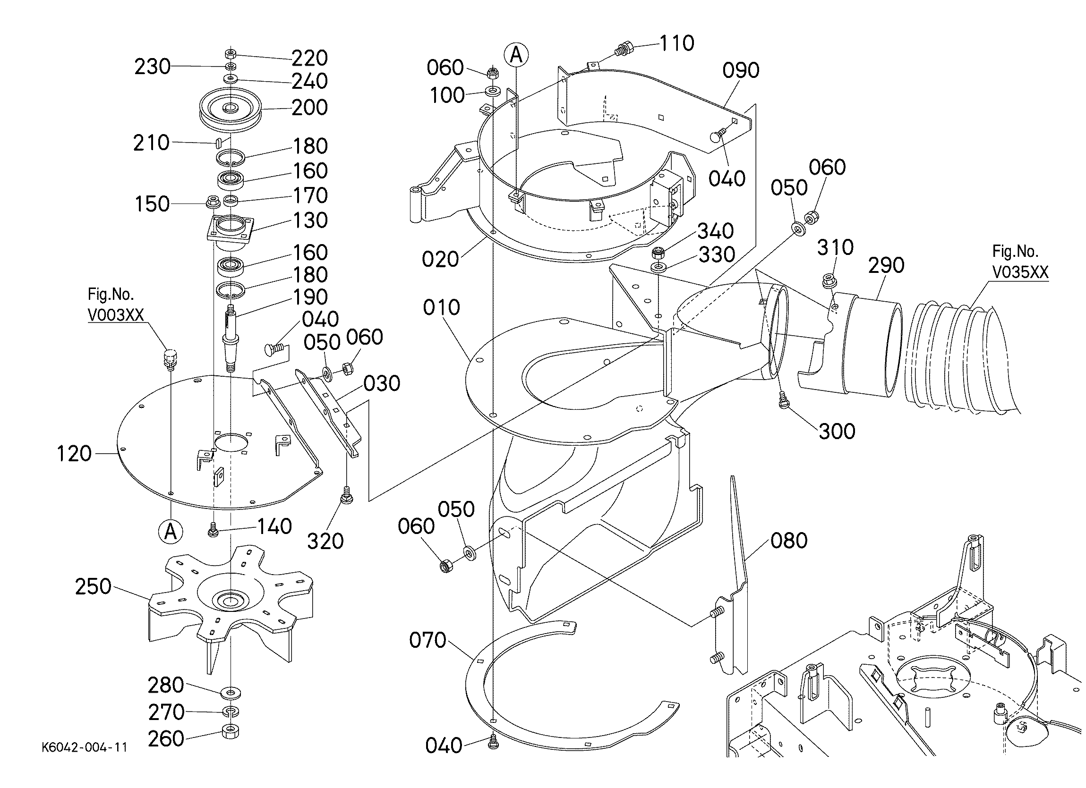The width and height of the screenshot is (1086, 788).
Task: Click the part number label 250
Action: click(94, 586)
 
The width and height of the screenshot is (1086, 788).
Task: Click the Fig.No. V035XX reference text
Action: click(1019, 262)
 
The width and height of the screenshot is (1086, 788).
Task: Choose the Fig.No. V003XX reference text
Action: click(115, 305)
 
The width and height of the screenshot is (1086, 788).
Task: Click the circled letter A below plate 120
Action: click(171, 533)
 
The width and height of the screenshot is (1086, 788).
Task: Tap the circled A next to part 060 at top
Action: click(516, 55)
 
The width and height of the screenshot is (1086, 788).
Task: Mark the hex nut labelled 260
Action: click(231, 731)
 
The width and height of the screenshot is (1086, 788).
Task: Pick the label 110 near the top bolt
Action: click(677, 43)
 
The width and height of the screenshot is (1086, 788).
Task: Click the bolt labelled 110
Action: click(623, 48)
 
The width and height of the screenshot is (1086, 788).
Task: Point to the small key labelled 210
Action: click(218, 142)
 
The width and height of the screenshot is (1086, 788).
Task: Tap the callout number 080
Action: click(789, 541)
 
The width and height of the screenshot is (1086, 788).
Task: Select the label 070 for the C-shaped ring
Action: click(428, 640)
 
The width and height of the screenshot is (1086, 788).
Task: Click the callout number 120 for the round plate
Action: click(74, 453)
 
